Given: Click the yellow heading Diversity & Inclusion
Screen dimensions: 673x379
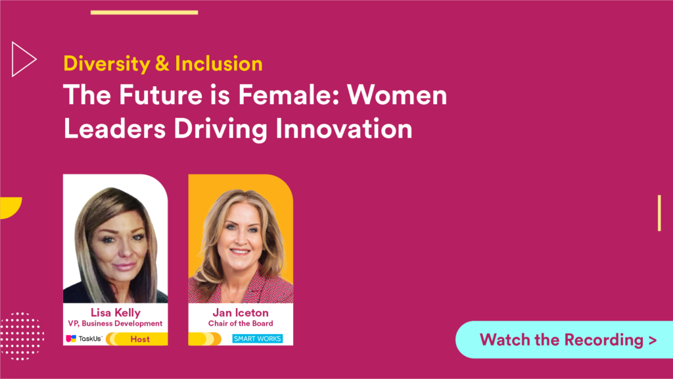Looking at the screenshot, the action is coord(163,64).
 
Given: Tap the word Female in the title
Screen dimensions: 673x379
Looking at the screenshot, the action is coord(289,95).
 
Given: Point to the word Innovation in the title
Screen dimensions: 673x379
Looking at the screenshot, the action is coord(344,128).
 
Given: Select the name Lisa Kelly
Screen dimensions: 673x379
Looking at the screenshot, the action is coord(116,313).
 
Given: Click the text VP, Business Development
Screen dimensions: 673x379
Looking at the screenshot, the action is coord(115,323).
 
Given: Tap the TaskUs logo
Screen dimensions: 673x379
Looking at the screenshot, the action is coord(83,339).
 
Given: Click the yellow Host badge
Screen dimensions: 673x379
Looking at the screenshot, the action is coord(137,339).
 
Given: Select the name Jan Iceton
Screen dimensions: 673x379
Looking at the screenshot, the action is coord(241,313).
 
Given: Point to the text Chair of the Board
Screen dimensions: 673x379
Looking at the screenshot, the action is coord(241,323).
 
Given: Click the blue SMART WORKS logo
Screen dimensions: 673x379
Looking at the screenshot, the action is coord(257,339).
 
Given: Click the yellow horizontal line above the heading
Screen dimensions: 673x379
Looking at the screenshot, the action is coord(144,13).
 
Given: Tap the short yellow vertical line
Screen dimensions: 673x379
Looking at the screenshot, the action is coord(659,213).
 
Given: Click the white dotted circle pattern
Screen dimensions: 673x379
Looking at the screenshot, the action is coord(22,336).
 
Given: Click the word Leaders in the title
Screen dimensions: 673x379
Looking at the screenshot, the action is coord(114,128).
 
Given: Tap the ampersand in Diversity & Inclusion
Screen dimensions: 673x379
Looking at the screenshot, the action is coord(162,64).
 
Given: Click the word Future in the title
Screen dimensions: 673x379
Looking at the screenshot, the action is coord(160,95).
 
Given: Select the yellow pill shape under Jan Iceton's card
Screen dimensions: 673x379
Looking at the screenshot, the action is coord(205,339).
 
